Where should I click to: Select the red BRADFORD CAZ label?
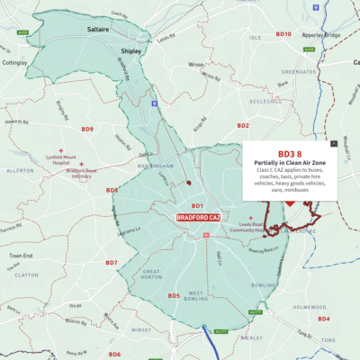click(x=200, y=218)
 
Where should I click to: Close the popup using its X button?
click(x=333, y=142)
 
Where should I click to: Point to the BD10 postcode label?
click(x=283, y=34)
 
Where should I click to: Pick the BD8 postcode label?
click(x=112, y=190)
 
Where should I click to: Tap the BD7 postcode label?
click(x=111, y=263)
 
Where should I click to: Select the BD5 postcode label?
click(x=174, y=296)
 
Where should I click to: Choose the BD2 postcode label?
click(x=242, y=125)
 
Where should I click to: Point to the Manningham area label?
click(x=155, y=166)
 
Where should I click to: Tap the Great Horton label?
click(x=151, y=274)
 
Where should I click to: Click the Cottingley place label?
click(x=16, y=64)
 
